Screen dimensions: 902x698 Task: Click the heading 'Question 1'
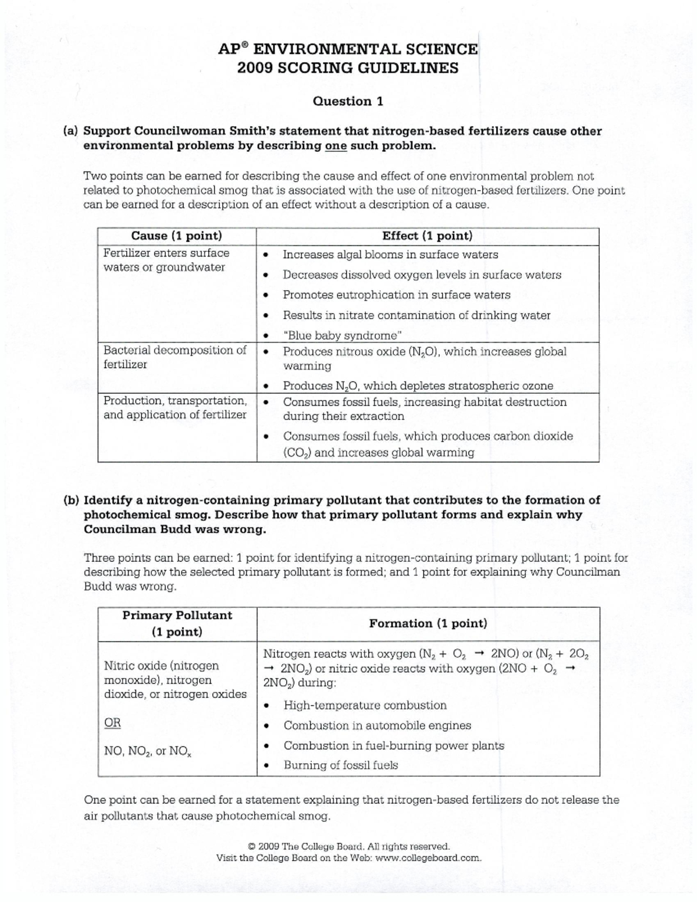348,101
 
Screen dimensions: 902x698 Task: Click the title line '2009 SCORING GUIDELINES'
348,68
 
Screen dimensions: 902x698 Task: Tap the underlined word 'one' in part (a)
336,145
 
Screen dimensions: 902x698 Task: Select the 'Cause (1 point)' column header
176,236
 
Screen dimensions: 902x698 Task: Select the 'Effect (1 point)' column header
427,236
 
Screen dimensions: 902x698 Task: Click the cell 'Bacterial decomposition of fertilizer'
174,357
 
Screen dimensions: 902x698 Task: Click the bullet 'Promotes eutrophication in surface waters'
396,295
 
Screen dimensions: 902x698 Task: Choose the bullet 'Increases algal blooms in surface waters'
390,255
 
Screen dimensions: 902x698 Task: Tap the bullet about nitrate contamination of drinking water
416,315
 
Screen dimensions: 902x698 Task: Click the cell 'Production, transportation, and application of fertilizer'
175,408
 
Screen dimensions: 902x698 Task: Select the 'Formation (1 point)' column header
428,623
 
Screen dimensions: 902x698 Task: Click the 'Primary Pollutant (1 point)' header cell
177,623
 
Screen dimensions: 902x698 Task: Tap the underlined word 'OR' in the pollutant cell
112,723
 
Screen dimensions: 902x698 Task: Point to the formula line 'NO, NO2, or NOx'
148,751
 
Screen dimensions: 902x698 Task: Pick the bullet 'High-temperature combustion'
365,705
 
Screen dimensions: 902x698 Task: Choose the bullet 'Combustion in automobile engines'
377,726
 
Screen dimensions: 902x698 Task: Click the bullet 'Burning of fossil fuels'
341,765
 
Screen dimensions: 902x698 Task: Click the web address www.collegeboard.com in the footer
428,858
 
